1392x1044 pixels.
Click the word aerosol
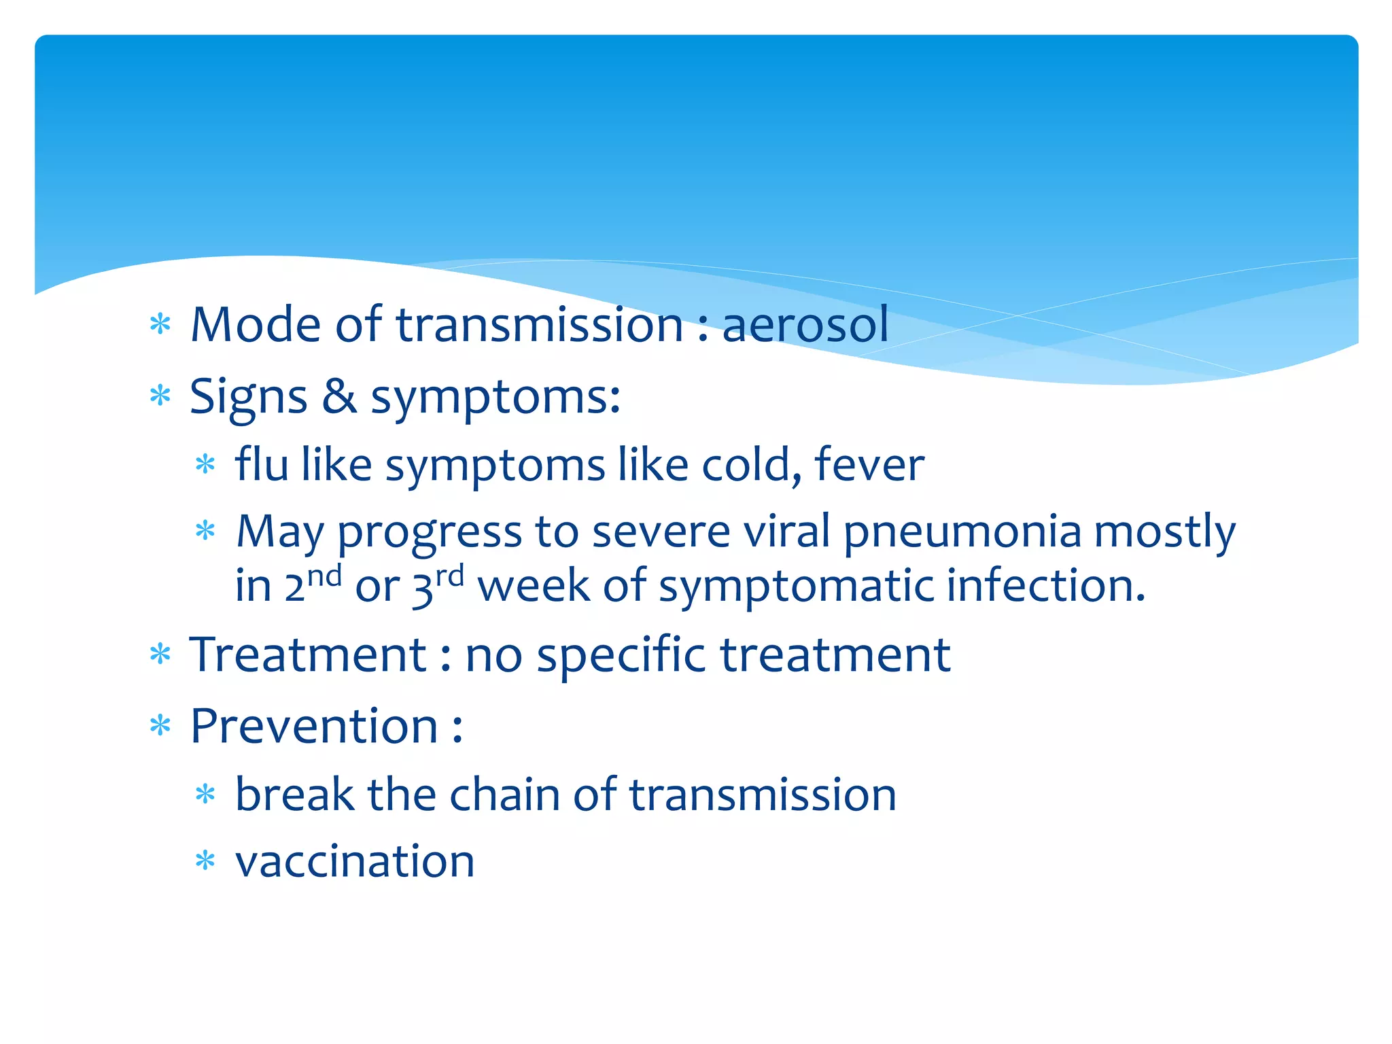[805, 325]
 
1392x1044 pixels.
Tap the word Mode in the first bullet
[256, 325]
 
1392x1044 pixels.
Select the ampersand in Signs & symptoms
[339, 396]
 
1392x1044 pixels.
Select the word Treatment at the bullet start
[308, 655]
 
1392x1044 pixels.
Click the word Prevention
[314, 727]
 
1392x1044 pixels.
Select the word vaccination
[355, 862]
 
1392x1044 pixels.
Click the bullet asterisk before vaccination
[205, 861]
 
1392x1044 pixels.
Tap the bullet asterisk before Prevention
[160, 726]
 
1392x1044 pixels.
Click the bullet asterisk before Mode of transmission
[160, 324]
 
